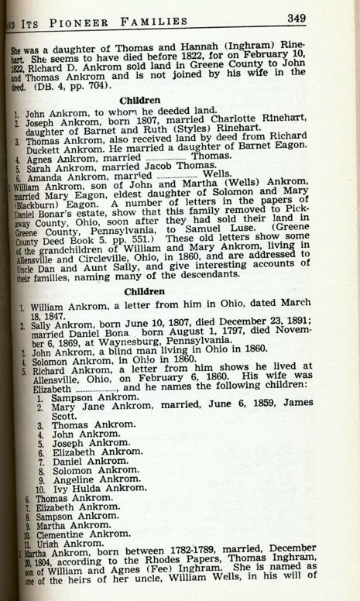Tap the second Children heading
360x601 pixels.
(x=139, y=291)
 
